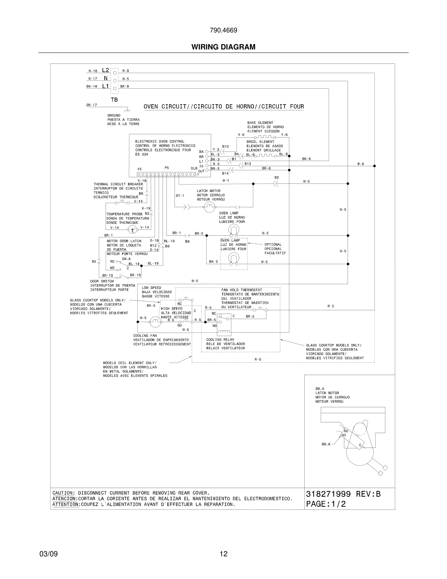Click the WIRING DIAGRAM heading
[x=223, y=47]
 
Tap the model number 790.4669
[x=223, y=30]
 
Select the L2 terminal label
[x=105, y=70]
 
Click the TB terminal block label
[x=114, y=100]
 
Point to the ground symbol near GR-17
[x=127, y=109]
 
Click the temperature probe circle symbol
[x=133, y=230]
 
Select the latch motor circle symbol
[x=209, y=207]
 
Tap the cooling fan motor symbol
[x=155, y=322]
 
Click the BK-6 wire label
[x=306, y=159]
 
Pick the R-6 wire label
[x=361, y=164]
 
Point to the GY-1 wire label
[x=180, y=196]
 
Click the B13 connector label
[x=248, y=164]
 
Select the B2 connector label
[x=277, y=178]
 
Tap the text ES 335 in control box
[x=142, y=154]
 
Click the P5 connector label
[x=167, y=168]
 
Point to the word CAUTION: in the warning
[x=64, y=493]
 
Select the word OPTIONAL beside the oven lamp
[x=273, y=245]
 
